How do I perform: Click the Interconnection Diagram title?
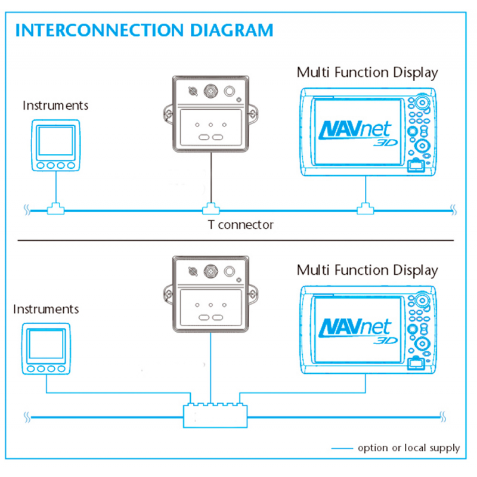(144, 30)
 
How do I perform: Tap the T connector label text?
(240, 225)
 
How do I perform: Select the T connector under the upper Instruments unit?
(56, 209)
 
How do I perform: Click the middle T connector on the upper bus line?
(210, 209)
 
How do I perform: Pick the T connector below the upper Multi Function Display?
(364, 209)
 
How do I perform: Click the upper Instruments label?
(55, 106)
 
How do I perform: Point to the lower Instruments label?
(46, 309)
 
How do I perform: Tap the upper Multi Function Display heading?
(367, 73)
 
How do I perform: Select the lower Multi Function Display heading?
(367, 270)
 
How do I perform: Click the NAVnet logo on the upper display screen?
(357, 132)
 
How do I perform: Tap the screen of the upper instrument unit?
(55, 141)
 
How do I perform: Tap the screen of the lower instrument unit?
(46, 345)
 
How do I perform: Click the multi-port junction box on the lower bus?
(215, 413)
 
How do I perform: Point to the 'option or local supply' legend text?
(408, 448)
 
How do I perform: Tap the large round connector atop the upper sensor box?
(210, 91)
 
